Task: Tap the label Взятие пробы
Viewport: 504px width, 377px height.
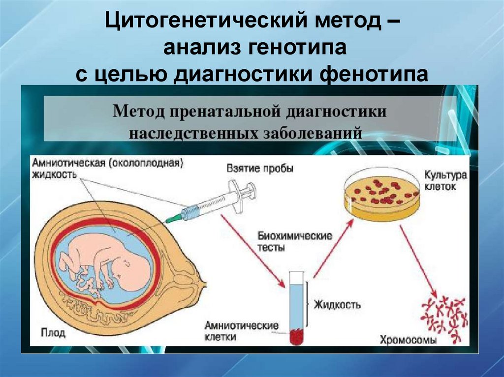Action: point(260,169)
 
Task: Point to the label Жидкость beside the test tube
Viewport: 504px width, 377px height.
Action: point(337,304)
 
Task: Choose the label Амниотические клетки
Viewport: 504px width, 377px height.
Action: point(242,331)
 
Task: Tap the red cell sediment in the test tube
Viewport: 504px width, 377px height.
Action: point(297,337)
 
